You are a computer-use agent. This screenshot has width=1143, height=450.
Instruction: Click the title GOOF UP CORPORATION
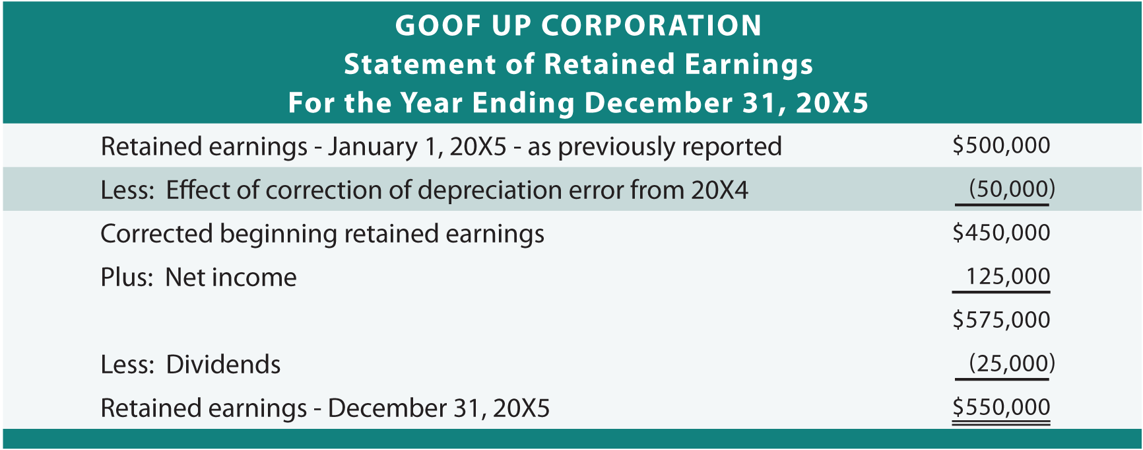pyautogui.click(x=578, y=26)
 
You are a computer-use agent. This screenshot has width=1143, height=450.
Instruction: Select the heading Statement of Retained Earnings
pyautogui.click(x=578, y=64)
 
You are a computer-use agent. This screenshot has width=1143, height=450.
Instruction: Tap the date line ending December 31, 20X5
pyautogui.click(x=578, y=103)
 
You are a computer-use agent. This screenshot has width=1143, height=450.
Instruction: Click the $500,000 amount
pyautogui.click(x=1001, y=145)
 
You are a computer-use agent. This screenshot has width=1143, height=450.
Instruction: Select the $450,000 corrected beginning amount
pyautogui.click(x=1001, y=233)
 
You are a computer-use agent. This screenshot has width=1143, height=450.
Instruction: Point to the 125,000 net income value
pyautogui.click(x=1008, y=276)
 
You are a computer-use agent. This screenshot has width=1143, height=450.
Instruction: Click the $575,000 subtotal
pyautogui.click(x=1001, y=320)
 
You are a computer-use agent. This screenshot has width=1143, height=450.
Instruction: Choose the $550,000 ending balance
pyautogui.click(x=1001, y=407)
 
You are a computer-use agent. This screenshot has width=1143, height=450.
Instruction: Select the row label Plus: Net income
pyautogui.click(x=199, y=278)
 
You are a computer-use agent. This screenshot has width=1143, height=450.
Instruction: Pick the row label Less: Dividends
pyautogui.click(x=191, y=365)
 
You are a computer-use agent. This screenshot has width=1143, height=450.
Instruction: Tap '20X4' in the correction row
pyautogui.click(x=720, y=190)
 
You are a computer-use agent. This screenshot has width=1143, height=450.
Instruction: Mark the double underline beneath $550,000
pyautogui.click(x=1001, y=422)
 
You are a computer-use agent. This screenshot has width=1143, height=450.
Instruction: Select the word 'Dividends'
pyautogui.click(x=223, y=365)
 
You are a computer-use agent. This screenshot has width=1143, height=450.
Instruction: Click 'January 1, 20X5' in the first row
pyautogui.click(x=417, y=147)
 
